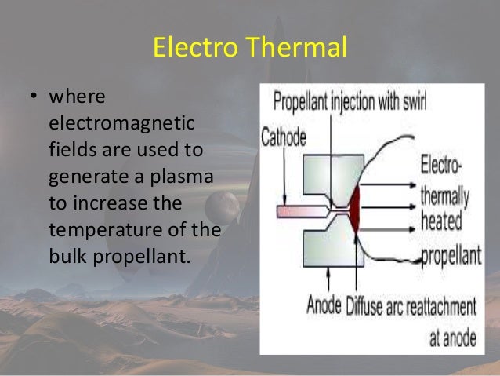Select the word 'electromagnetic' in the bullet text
coord(122,126)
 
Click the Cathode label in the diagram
coord(284,137)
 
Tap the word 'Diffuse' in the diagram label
coord(368,304)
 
